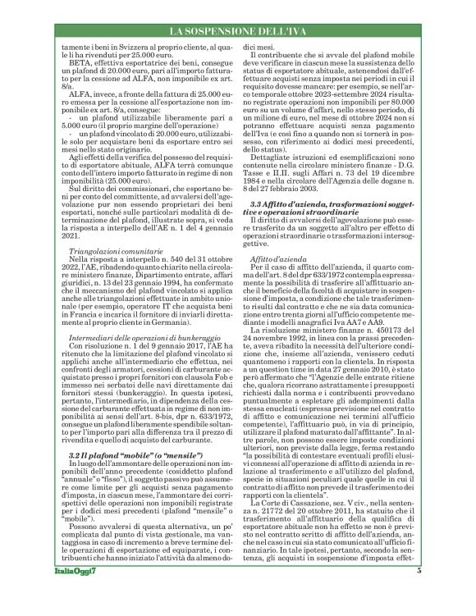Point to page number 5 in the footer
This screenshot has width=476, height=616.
point(418,593)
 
